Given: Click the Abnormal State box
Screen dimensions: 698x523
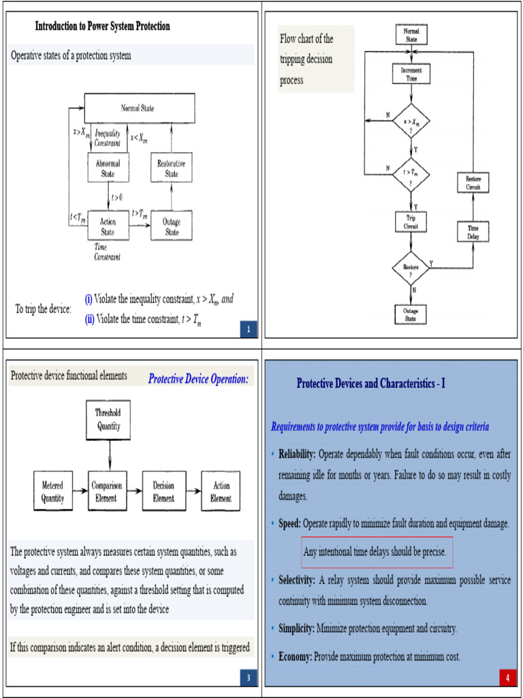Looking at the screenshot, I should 108,168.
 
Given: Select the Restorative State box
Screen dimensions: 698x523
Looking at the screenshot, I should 171,168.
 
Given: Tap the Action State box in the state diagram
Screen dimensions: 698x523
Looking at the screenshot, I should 108,226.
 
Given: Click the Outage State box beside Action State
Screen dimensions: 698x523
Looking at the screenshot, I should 171,226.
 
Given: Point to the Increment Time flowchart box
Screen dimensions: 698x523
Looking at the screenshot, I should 411,74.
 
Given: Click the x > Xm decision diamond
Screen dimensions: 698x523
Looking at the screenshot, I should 411,123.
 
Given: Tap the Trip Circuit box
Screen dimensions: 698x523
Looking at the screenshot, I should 411,222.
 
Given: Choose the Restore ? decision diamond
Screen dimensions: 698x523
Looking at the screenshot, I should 411,269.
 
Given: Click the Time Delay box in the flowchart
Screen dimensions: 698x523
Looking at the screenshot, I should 473,232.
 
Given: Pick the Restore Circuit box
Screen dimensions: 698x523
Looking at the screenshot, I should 473,183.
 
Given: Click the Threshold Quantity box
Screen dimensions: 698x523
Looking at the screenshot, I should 108,421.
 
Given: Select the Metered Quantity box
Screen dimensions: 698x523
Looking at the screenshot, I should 52,491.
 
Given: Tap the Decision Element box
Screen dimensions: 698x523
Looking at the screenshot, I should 163,491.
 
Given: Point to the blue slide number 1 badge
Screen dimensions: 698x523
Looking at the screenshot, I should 249,331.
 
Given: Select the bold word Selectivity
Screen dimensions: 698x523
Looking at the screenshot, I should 296,580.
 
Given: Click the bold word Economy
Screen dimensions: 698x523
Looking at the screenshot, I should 294,656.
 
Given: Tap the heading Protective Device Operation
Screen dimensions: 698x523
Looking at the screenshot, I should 198,379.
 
